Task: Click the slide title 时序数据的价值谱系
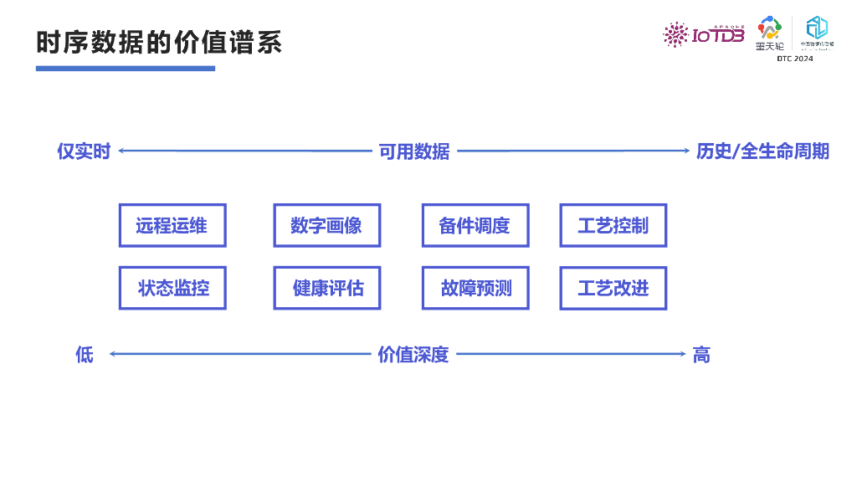coord(159,42)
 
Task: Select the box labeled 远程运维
coord(172,225)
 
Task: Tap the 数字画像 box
coord(326,225)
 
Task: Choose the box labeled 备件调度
coord(475,225)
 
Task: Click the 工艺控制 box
coord(613,225)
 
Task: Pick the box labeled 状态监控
coord(172,288)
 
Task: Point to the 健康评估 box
coord(326,288)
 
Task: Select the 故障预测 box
coord(475,288)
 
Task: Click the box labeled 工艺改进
coord(613,288)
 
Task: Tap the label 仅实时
coord(84,151)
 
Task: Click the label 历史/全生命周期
coord(762,151)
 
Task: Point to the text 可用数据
coord(414,151)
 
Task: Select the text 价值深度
coord(413,355)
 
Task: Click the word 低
coord(85,355)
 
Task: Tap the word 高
coord(701,355)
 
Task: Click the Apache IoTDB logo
coord(704,34)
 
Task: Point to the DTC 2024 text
coord(794,59)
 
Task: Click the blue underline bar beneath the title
coord(126,68)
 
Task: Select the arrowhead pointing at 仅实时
coord(121,151)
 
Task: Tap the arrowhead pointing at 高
coord(682,354)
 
